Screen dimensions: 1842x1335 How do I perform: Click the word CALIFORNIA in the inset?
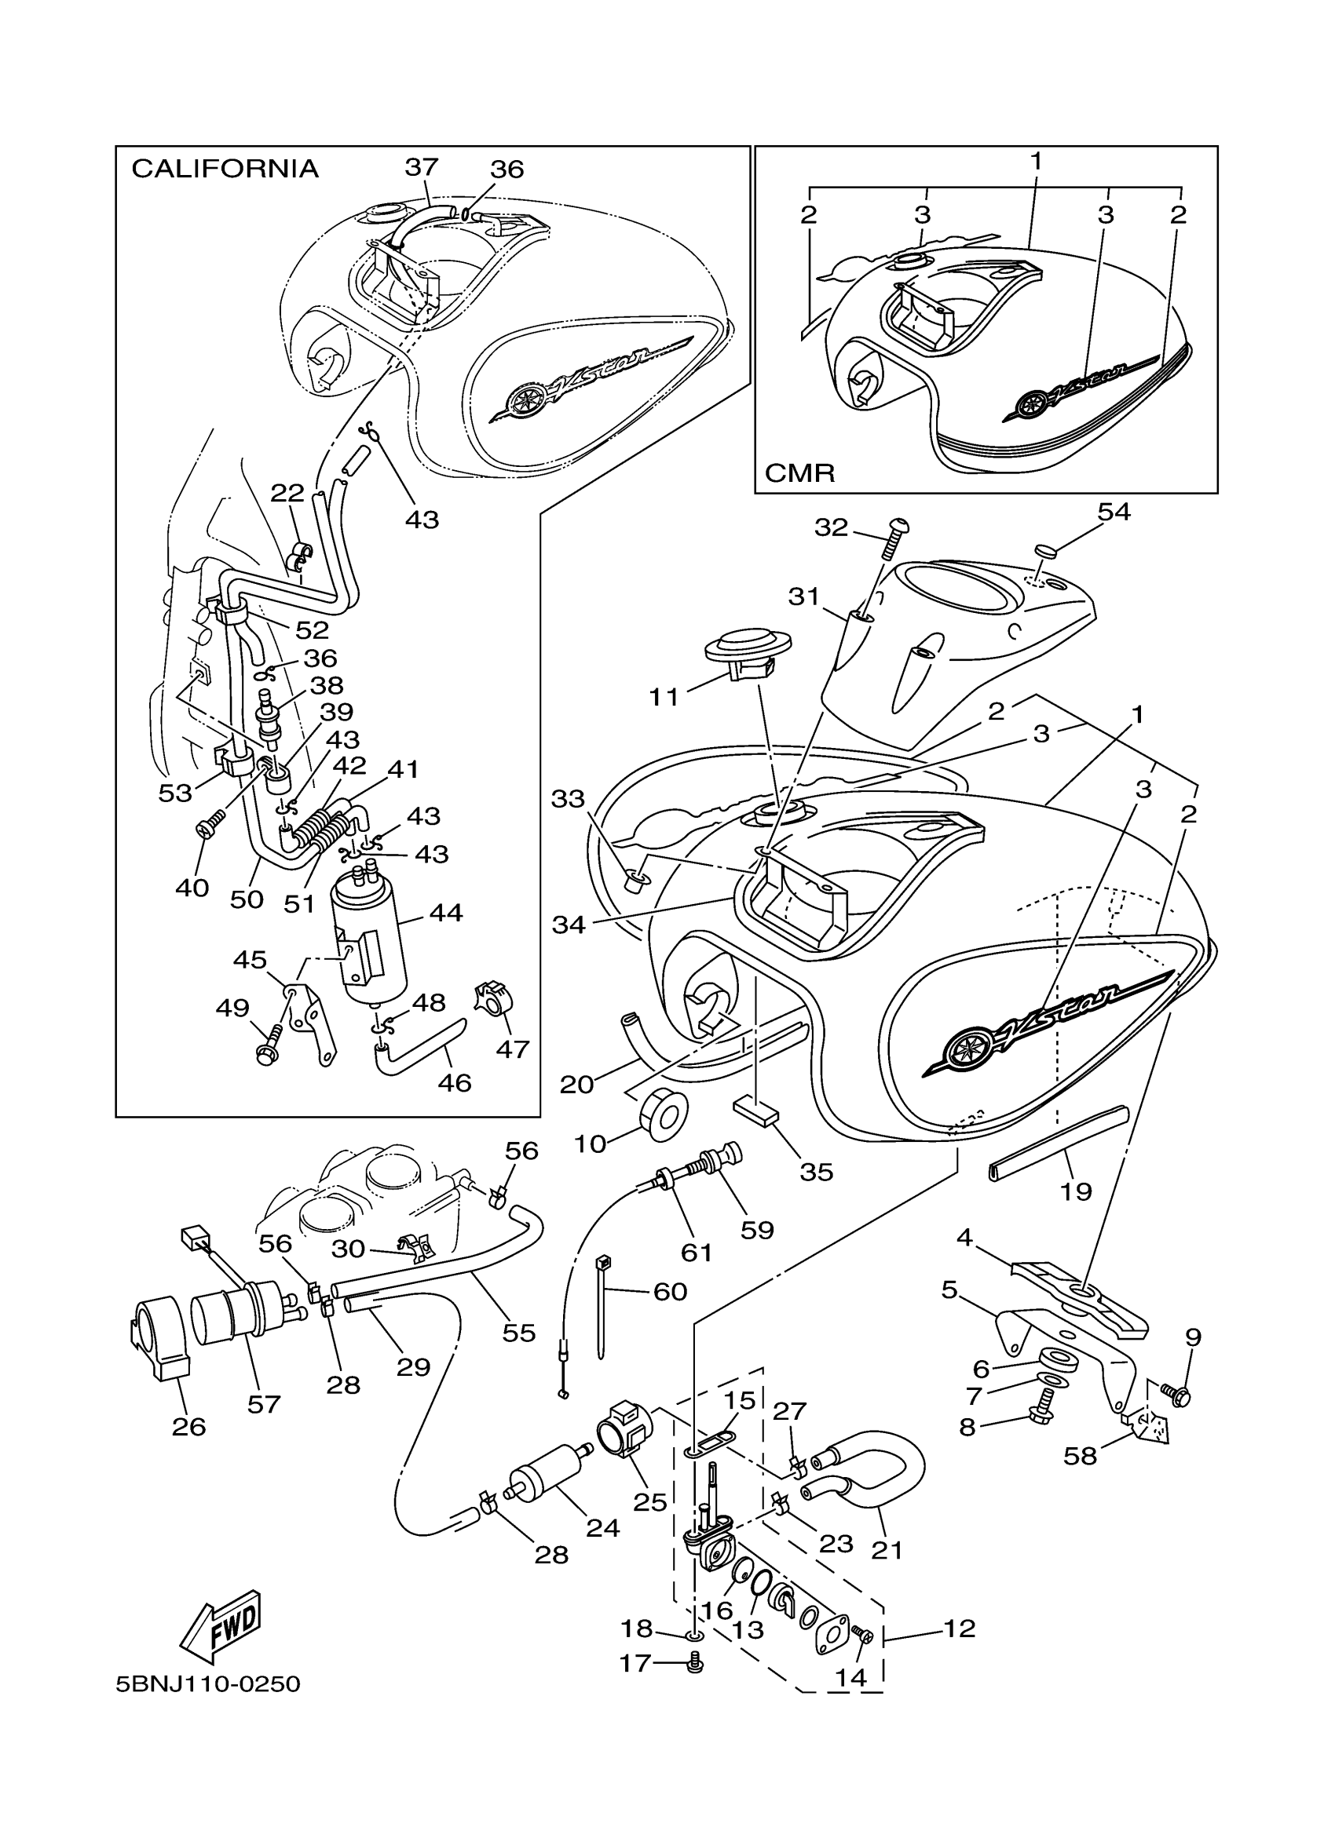coord(225,169)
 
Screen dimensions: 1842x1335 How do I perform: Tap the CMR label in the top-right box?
coord(799,472)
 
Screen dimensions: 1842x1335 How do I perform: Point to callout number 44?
coord(446,912)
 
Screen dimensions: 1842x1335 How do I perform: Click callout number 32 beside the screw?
coord(831,527)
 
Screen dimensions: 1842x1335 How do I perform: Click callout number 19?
coord(1076,1191)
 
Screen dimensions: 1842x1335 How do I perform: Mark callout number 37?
coord(422,166)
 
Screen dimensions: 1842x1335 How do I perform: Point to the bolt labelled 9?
coord(1175,1395)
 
